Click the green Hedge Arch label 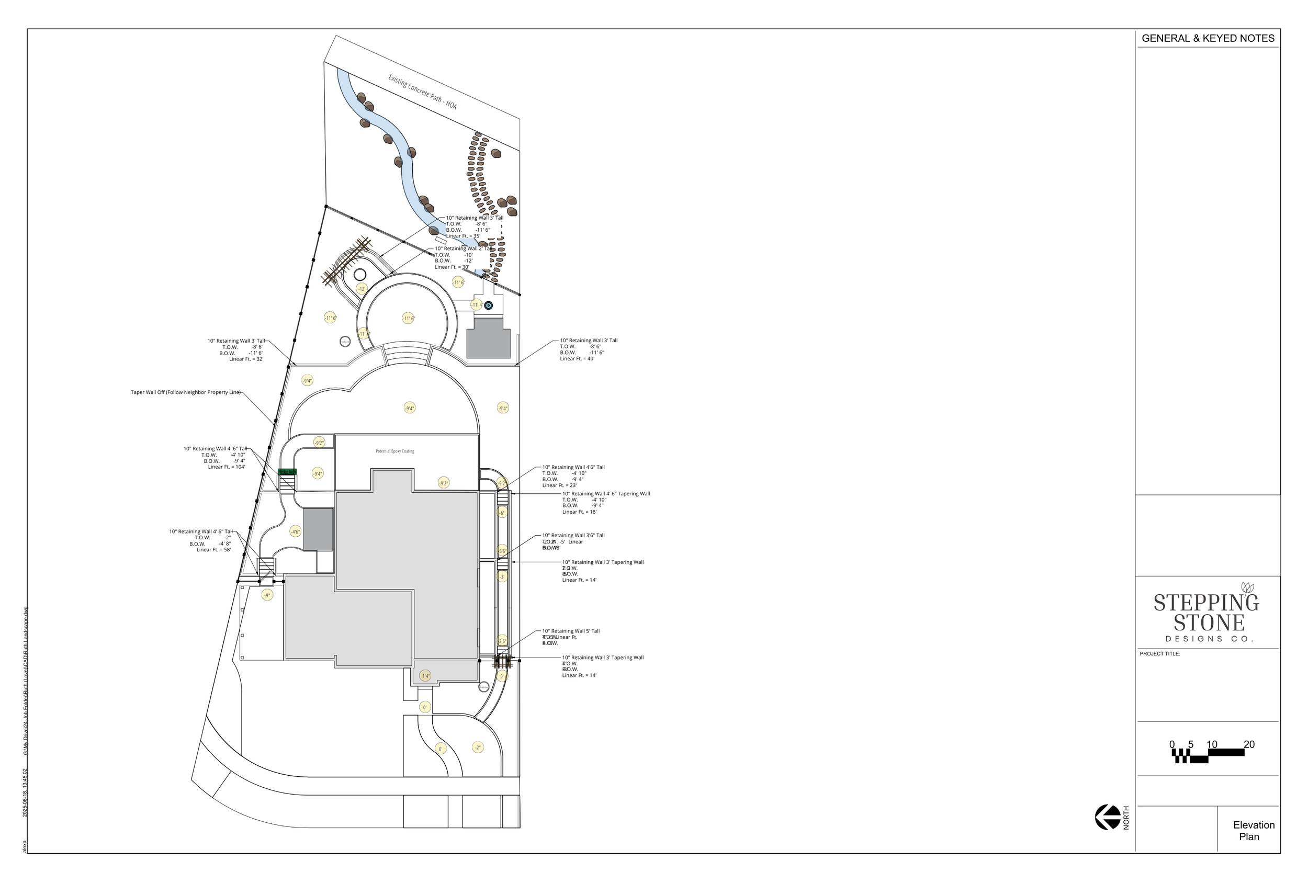pyautogui.click(x=288, y=472)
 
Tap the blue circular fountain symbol pyautogui.click(x=488, y=305)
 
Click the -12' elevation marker pyautogui.click(x=362, y=289)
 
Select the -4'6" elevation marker pyautogui.click(x=295, y=531)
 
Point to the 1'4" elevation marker pyautogui.click(x=425, y=676)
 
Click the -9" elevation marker pyautogui.click(x=267, y=595)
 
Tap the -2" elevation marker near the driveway pyautogui.click(x=477, y=748)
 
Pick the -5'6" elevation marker pyautogui.click(x=502, y=551)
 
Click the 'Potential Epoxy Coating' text pyautogui.click(x=395, y=451)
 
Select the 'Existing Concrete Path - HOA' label pyautogui.click(x=422, y=92)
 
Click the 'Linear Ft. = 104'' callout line pyautogui.click(x=227, y=467)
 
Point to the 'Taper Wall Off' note pyautogui.click(x=185, y=392)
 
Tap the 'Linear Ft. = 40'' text pyautogui.click(x=577, y=359)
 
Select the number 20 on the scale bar pyautogui.click(x=1249, y=744)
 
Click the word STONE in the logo pyautogui.click(x=1209, y=623)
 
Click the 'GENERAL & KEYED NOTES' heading pyautogui.click(x=1208, y=38)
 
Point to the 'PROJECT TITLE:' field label pyautogui.click(x=1159, y=653)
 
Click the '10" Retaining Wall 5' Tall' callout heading pyautogui.click(x=571, y=631)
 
